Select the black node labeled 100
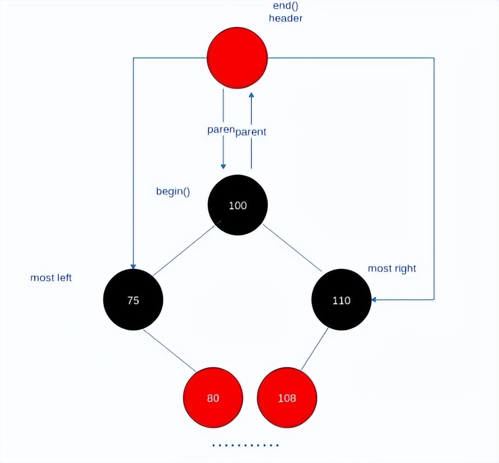238,205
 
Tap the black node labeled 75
133,300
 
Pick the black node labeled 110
341,300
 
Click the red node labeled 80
213,397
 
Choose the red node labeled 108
287,397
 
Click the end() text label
285,6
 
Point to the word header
285,19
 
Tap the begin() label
173,192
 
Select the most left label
51,278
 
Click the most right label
392,269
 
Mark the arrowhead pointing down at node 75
133,266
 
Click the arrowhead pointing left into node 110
375,299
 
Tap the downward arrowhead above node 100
223,166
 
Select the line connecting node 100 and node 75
183,250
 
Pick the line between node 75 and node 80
170,350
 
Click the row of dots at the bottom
245,445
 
